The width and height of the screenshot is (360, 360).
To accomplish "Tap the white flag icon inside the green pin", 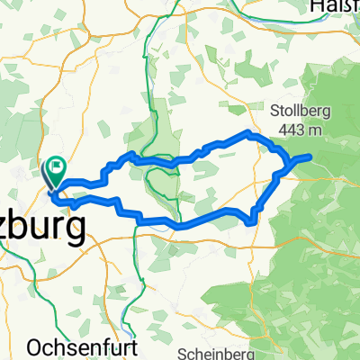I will tap(58, 165).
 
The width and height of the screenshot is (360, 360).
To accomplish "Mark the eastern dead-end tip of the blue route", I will tap(310, 157).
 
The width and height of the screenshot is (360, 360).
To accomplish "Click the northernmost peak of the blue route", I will tap(249, 132).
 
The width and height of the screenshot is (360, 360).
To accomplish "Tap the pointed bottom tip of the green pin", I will tap(50, 187).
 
